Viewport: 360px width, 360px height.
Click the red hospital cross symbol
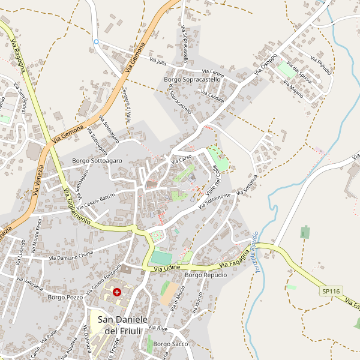116,292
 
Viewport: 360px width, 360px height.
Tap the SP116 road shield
331,291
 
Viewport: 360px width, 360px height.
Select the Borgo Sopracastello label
193,79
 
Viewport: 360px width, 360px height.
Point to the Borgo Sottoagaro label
97,161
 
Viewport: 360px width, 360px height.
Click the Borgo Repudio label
206,275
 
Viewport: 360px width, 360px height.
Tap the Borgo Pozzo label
65,296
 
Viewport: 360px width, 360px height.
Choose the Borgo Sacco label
170,344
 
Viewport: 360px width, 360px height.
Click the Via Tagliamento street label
76,206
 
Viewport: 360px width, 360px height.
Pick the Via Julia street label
158,62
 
